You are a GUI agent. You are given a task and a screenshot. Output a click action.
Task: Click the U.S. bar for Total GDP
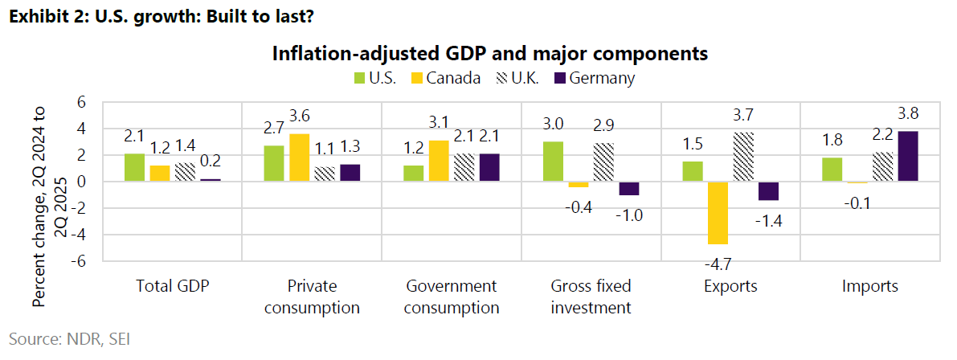coord(135,167)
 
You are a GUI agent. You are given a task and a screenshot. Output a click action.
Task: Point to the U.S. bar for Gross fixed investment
coord(552,162)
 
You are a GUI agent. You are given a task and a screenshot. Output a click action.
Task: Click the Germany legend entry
coord(602,78)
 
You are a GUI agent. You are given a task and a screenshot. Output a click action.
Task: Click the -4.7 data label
coord(719,263)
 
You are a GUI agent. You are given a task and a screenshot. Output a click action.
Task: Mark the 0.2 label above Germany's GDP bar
coord(210,162)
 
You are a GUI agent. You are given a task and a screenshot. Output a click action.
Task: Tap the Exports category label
coord(730,286)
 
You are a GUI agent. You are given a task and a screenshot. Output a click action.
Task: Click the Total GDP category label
coord(173,286)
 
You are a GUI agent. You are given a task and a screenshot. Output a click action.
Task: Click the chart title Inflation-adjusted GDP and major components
coord(489,53)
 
